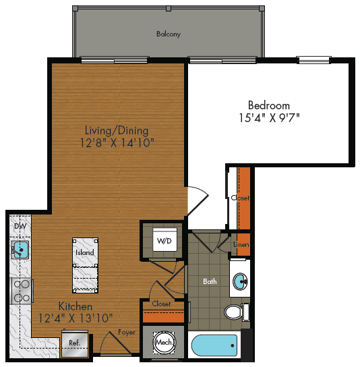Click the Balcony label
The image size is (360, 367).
[169, 34]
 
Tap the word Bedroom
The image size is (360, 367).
[269, 105]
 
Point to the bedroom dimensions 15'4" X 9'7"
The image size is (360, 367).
[269, 117]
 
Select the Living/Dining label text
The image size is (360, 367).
[117, 130]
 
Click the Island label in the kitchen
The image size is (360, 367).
[84, 252]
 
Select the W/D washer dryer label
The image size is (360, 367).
[164, 240]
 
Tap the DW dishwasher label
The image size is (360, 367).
[19, 227]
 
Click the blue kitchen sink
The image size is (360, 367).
[20, 251]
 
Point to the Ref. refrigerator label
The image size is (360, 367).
[75, 343]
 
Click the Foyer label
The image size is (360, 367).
[127, 332]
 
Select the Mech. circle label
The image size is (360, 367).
[164, 343]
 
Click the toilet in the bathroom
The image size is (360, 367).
[234, 312]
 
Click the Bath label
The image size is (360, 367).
[210, 281]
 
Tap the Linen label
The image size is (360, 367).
[241, 244]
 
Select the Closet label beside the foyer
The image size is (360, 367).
[162, 304]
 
